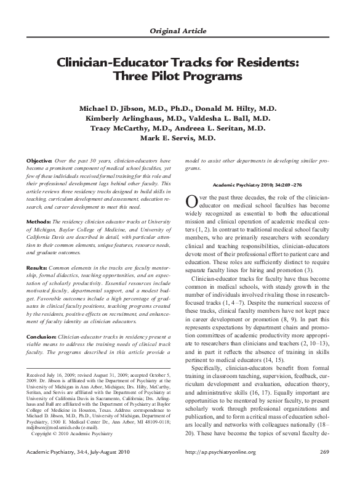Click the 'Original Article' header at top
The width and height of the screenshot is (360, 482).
(x=180, y=31)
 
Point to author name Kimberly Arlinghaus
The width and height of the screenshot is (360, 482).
(x=126, y=119)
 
